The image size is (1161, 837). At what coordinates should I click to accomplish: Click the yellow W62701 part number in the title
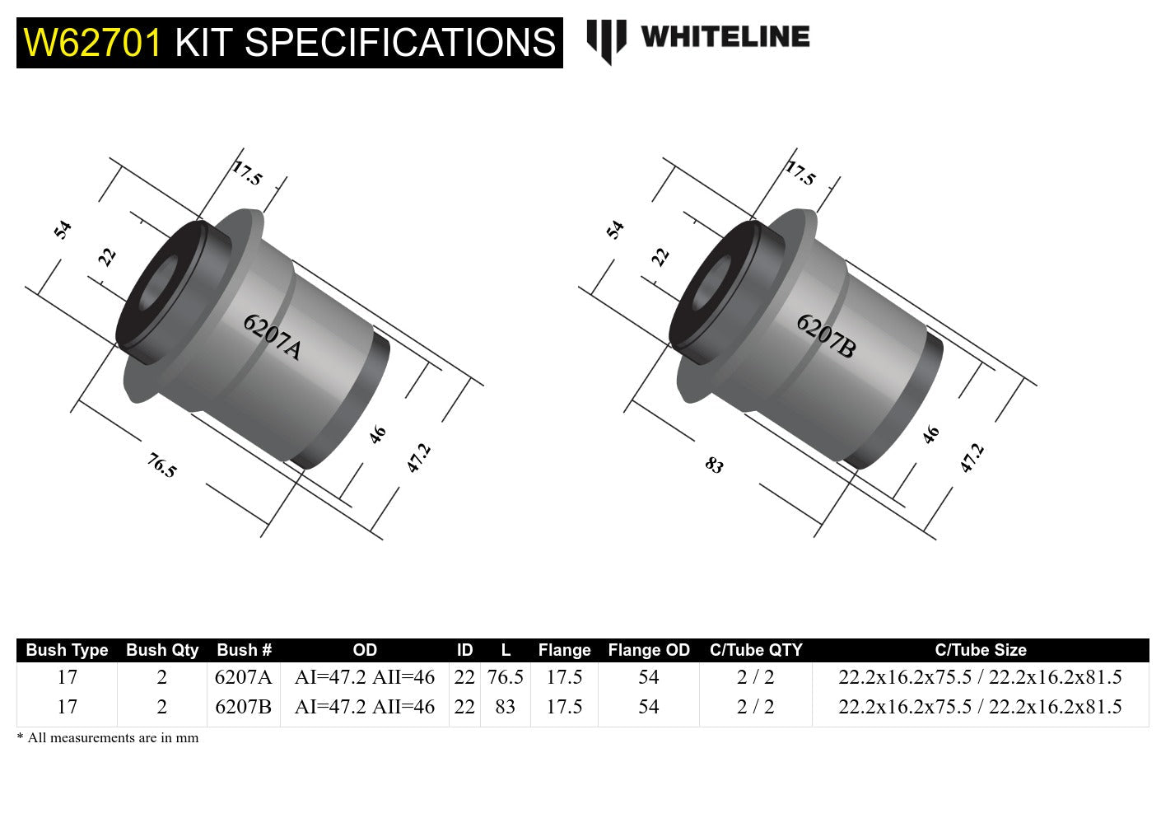pos(93,43)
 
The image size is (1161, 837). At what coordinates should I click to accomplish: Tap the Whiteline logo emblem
pos(606,40)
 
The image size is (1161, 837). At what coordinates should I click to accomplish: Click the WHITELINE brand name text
pos(725,37)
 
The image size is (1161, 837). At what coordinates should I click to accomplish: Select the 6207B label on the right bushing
pos(826,336)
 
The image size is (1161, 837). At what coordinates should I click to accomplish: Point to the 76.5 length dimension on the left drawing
pos(162,466)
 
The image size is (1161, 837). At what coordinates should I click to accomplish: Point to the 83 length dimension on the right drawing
pos(714,465)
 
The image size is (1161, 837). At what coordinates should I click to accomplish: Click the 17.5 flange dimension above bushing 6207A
pos(246,173)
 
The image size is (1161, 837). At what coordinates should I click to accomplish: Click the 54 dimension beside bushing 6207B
pos(615,229)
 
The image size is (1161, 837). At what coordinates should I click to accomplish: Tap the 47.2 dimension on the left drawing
pos(418,457)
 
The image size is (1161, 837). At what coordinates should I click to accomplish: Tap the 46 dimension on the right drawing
pos(930,434)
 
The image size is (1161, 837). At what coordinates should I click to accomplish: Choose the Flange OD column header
pos(648,650)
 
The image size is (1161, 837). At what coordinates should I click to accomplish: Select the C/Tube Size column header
pos(980,650)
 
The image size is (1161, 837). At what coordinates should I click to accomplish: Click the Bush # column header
pos(244,650)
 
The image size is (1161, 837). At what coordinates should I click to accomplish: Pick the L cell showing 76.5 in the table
pos(505,677)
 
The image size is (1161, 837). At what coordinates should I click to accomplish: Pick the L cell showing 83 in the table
pos(505,707)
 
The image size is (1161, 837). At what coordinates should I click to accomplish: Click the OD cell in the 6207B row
pos(364,707)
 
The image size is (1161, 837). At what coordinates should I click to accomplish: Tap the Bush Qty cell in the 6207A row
pos(161,677)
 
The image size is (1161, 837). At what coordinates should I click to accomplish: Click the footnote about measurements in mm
pos(108,738)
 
